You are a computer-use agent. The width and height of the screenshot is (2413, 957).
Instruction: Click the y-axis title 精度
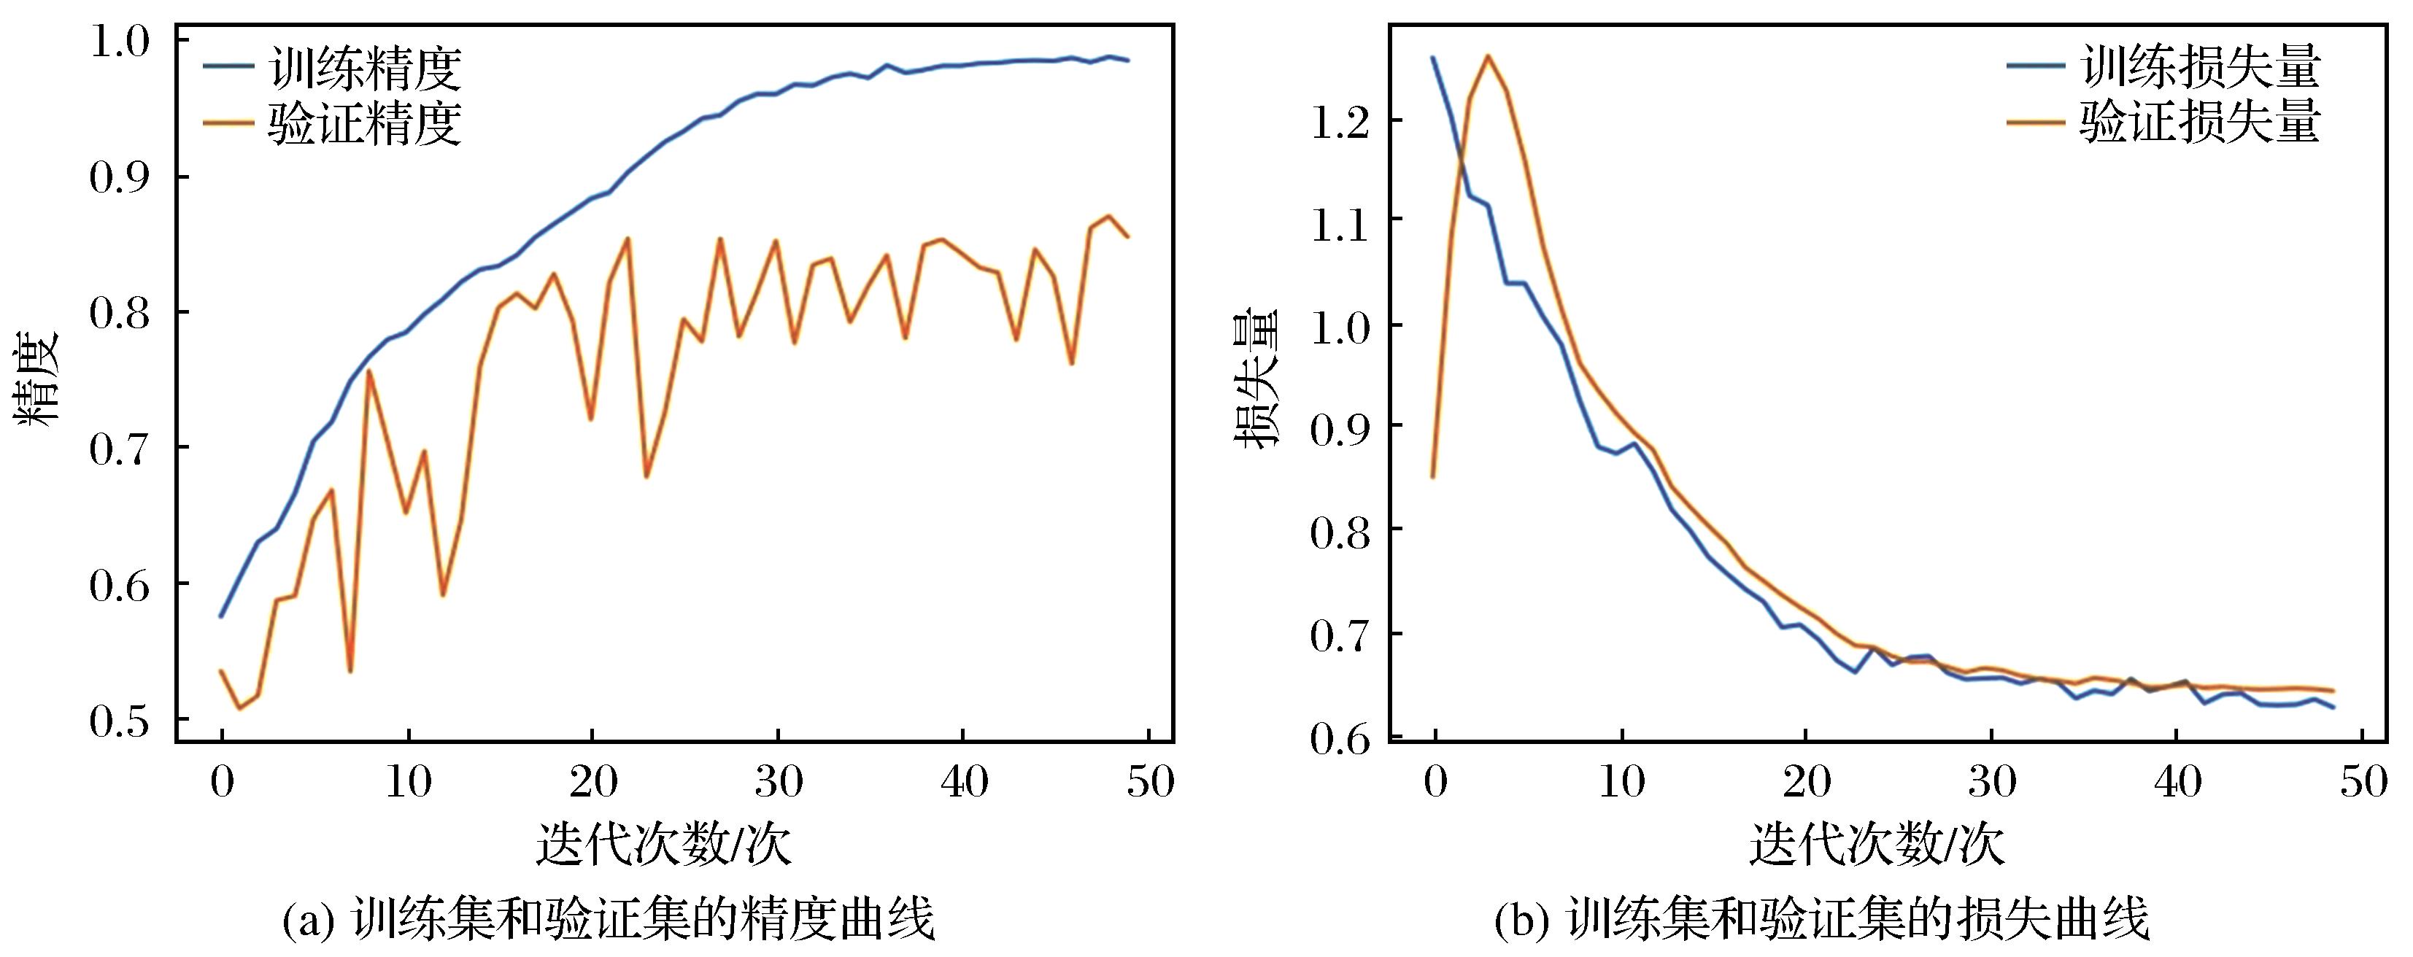coord(37,379)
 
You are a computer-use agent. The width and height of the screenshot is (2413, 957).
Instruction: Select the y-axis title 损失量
coord(1258,379)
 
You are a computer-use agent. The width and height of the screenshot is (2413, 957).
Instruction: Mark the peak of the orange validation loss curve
coord(1488,55)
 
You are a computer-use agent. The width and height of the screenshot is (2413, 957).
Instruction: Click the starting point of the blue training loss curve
coord(1433,58)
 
